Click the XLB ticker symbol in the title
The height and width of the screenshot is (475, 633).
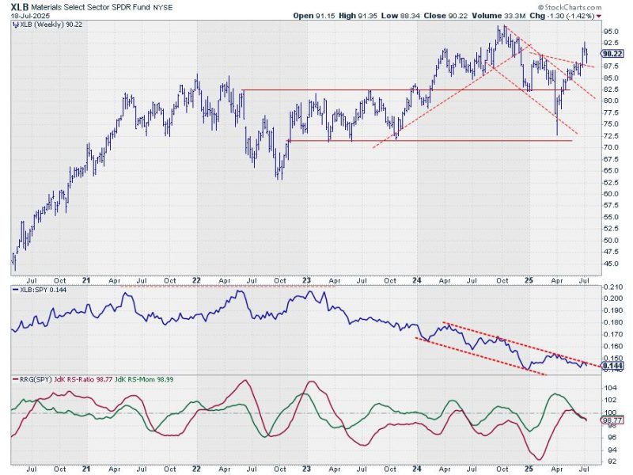pyautogui.click(x=19, y=6)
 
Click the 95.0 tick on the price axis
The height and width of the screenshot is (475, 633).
pyautogui.click(x=610, y=32)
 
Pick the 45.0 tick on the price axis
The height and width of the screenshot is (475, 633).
pyautogui.click(x=610, y=263)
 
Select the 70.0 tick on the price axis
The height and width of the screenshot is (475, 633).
pyautogui.click(x=610, y=147)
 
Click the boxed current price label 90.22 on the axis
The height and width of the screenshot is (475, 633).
pyautogui.click(x=610, y=54)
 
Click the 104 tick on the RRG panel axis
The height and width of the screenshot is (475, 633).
pyautogui.click(x=608, y=388)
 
